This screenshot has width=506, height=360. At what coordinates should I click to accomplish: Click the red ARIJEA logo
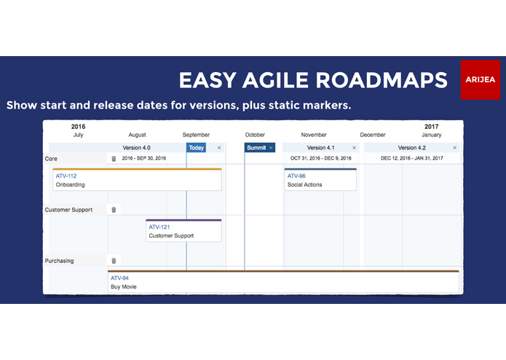(481, 79)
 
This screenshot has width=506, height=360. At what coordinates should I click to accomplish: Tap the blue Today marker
(196, 148)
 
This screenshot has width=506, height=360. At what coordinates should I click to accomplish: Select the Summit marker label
(256, 148)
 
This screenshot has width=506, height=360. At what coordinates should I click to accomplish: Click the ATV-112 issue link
(66, 176)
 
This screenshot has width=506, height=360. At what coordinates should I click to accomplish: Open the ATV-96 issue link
(296, 176)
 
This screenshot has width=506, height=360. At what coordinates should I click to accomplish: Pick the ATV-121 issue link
(159, 227)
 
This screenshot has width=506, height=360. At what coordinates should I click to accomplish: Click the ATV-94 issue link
(119, 278)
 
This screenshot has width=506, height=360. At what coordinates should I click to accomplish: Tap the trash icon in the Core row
(114, 159)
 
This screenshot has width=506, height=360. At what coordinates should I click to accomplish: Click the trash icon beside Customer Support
(114, 210)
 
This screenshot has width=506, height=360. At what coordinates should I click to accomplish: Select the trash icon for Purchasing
(114, 261)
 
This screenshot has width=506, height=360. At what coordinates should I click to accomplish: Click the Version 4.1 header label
(321, 148)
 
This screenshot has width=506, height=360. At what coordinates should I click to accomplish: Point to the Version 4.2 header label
(412, 148)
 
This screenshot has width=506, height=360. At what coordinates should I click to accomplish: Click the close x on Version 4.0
(219, 148)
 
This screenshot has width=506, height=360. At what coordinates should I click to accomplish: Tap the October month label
(255, 135)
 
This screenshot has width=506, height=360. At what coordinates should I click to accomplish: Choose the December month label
(373, 135)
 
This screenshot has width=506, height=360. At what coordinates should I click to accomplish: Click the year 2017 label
(432, 127)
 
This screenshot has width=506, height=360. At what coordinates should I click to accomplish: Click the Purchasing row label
(59, 261)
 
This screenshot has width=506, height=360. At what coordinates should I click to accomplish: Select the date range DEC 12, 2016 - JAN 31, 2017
(411, 159)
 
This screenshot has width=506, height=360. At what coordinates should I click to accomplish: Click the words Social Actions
(304, 185)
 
